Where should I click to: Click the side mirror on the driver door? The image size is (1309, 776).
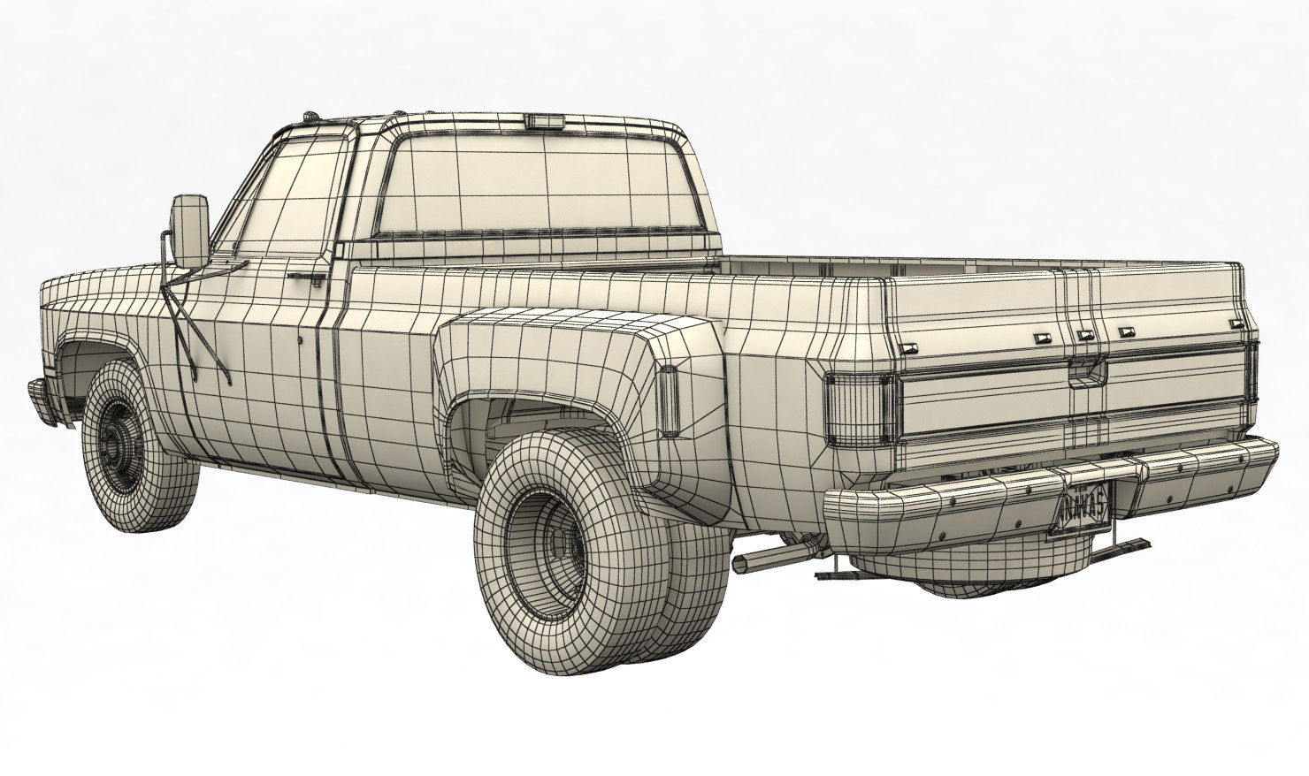191,229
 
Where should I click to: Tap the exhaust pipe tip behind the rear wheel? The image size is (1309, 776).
743,564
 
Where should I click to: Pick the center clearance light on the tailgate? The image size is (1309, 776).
1083,335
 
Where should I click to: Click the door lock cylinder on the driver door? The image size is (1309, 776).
302,339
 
